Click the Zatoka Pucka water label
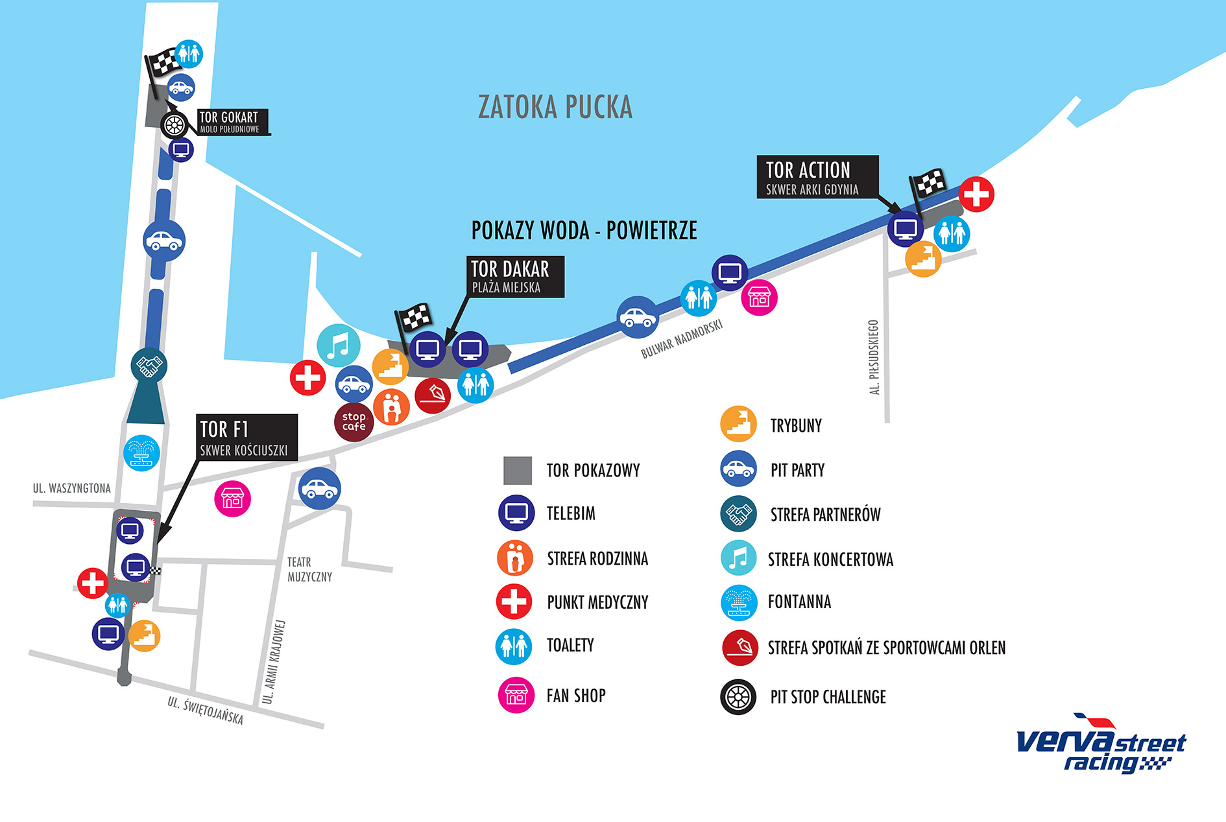pyautogui.click(x=555, y=108)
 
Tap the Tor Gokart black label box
pyautogui.click(x=232, y=122)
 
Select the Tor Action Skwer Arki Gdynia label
pyautogui.click(x=817, y=177)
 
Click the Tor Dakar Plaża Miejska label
pyautogui.click(x=515, y=277)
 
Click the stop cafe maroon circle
pyautogui.click(x=354, y=422)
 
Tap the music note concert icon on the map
pyautogui.click(x=338, y=346)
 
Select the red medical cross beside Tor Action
pyautogui.click(x=976, y=194)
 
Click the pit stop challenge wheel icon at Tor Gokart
pyautogui.click(x=174, y=125)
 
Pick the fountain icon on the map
pyautogui.click(x=141, y=452)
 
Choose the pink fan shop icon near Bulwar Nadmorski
pyautogui.click(x=759, y=298)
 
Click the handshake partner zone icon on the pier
pyautogui.click(x=149, y=366)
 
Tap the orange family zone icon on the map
pyautogui.click(x=391, y=406)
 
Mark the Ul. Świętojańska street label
pyautogui.click(x=205, y=710)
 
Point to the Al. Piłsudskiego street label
pyautogui.click(x=874, y=357)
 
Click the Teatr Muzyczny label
pyautogui.click(x=309, y=569)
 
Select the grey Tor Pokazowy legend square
pyautogui.click(x=517, y=471)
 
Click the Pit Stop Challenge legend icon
pyautogui.click(x=738, y=697)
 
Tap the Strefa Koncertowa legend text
pyautogui.click(x=830, y=559)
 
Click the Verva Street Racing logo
pyautogui.click(x=1100, y=746)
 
